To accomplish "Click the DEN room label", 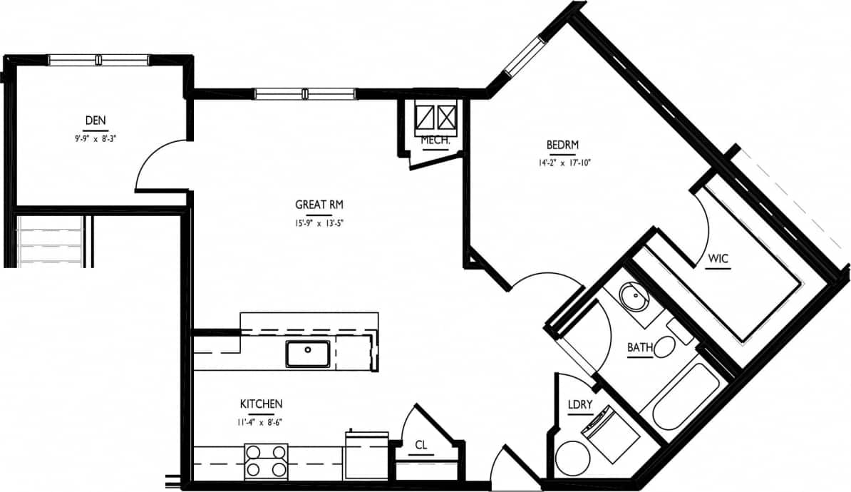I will click(95, 120).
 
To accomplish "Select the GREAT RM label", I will click(319, 205).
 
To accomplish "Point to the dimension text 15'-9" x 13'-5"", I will click(319, 222).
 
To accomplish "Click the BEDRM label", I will click(564, 145).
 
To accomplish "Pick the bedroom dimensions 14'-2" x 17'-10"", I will click(564, 163).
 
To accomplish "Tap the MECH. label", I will click(435, 140).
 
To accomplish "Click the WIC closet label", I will click(718, 258).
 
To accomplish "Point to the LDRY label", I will click(580, 404).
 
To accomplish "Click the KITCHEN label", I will click(261, 404).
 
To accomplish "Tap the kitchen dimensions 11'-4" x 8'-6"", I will click(261, 421).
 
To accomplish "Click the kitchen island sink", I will click(308, 354).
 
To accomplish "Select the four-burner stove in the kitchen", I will click(266, 461).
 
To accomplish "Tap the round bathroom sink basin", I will click(631, 295).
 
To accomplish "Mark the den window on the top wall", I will click(98, 60).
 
